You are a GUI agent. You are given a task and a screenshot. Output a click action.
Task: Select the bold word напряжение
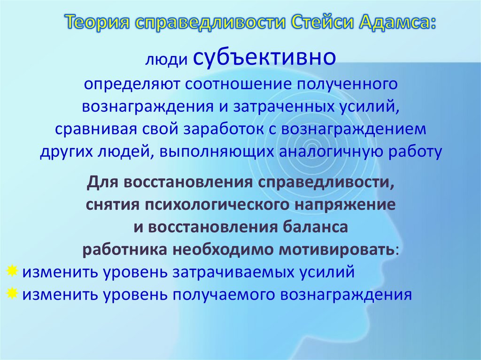tap(346, 205)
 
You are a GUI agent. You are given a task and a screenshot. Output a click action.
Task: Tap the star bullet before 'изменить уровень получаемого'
tap(13, 293)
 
